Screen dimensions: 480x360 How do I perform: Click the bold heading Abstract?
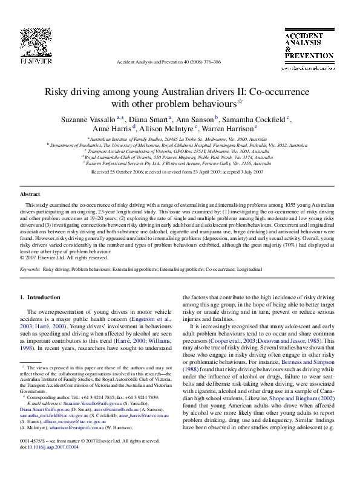[30, 194]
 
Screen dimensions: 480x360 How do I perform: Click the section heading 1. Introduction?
[41, 297]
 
